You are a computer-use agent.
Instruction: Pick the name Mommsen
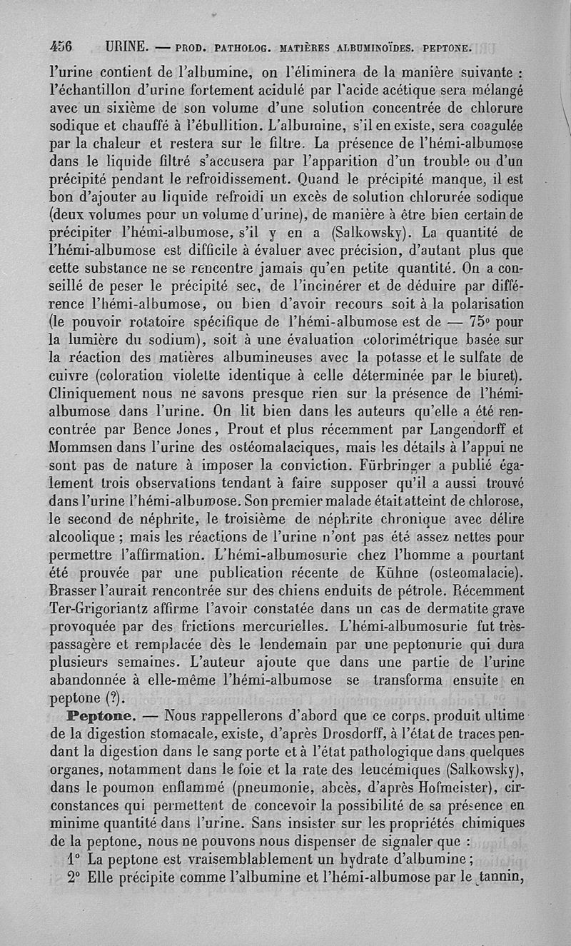click(x=80, y=448)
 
